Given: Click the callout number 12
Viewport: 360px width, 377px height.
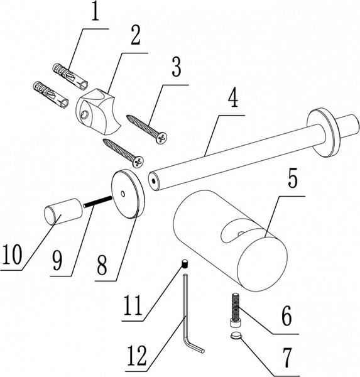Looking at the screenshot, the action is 136,356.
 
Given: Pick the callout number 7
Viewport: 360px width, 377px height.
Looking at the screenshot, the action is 286,357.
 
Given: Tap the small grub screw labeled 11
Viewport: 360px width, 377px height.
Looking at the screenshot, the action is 185,263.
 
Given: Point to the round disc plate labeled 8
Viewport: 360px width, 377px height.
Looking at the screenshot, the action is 128,194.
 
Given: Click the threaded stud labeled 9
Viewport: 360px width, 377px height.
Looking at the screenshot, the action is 97,202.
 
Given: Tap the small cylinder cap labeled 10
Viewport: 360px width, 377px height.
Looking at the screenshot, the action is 63,211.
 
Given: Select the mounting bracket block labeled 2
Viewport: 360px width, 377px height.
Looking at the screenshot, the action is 99,112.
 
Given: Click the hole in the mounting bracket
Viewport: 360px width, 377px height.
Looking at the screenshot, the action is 84,115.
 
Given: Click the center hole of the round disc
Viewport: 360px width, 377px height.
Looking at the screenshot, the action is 123,194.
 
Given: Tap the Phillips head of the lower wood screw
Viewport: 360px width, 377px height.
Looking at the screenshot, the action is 138,161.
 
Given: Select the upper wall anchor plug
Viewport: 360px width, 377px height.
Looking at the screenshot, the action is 70,76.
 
